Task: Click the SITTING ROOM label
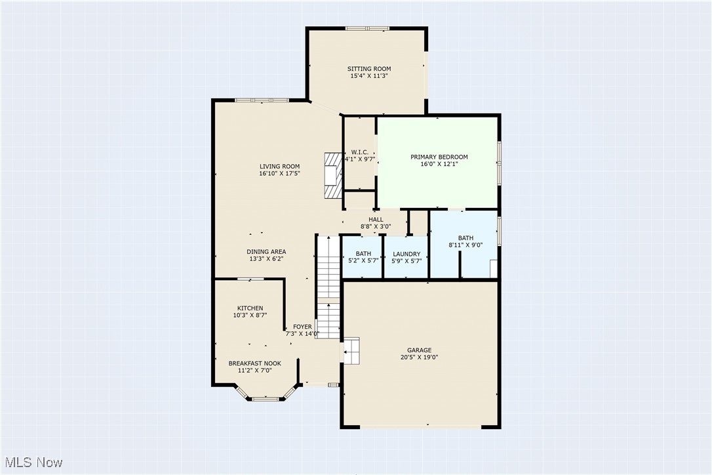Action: point(369,69)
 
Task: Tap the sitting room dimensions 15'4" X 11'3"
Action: point(369,76)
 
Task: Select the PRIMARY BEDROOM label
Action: point(439,157)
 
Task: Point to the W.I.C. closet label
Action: point(360,152)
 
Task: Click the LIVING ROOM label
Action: point(279,167)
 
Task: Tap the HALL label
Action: point(376,220)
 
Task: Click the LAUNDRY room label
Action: point(406,255)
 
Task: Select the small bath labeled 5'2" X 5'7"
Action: point(363,258)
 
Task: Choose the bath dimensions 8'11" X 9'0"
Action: point(465,245)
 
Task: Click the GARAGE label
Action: point(420,350)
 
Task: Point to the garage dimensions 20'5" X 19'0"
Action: point(420,358)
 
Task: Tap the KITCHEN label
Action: point(250,308)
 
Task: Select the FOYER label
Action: point(302,327)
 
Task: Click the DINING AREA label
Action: point(266,252)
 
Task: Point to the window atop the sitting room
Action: point(367,28)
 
